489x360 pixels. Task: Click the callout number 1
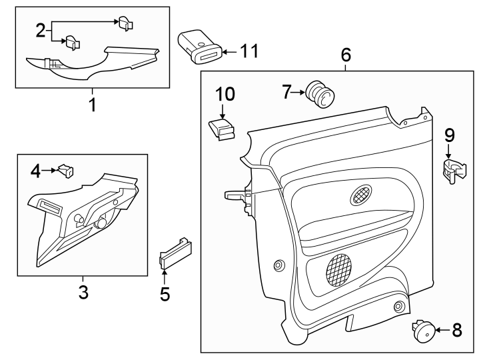(93, 105)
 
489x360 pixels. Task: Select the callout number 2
(41, 29)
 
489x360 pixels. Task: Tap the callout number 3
(83, 291)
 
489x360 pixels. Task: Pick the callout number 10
(225, 94)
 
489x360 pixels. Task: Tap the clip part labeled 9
(453, 171)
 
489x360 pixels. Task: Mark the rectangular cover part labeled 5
(175, 252)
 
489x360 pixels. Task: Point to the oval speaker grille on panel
(362, 195)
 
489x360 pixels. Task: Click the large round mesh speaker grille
(342, 269)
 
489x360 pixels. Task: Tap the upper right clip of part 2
(125, 23)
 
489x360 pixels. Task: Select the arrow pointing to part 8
(443, 329)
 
